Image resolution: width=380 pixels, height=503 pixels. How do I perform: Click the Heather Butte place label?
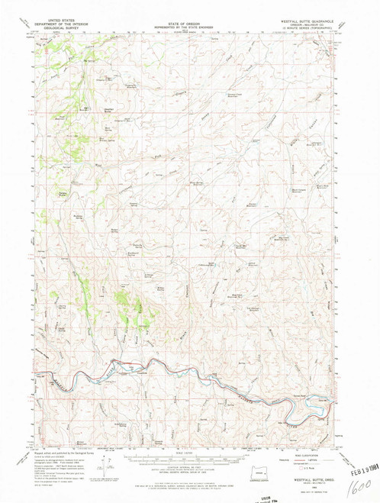coord(109,111)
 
